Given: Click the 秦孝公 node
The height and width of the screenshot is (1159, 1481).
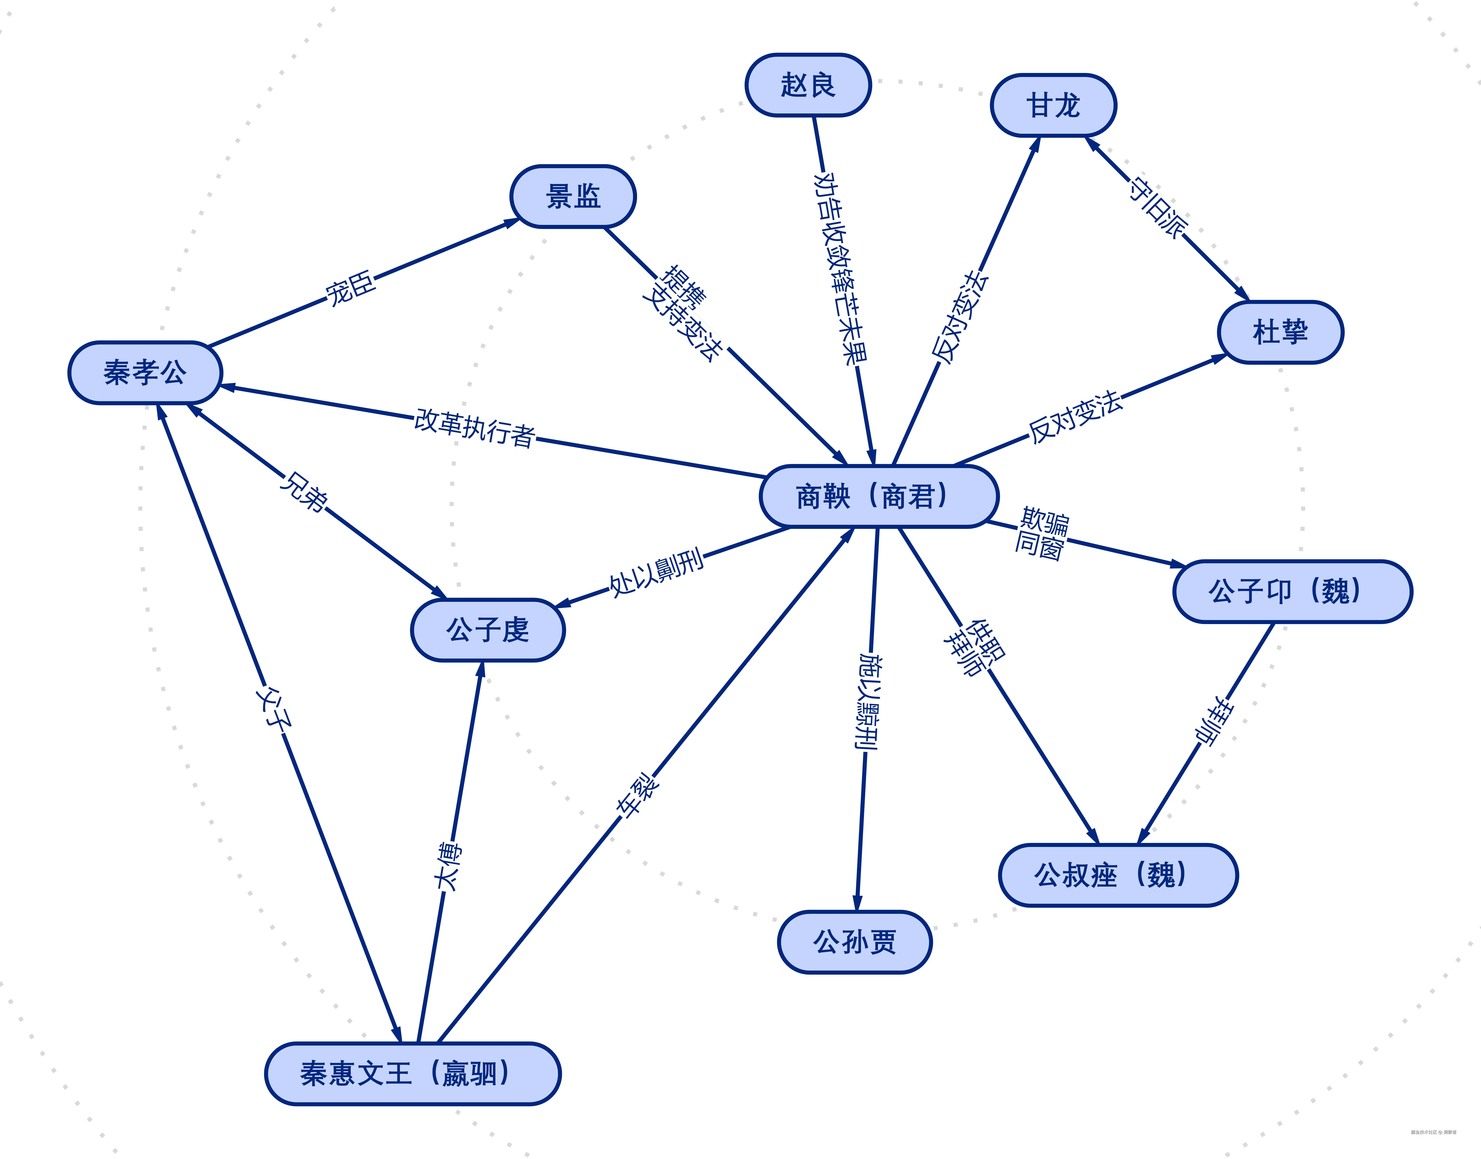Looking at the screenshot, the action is [x=145, y=372].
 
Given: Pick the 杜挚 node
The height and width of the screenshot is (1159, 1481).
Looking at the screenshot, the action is [x=1280, y=333].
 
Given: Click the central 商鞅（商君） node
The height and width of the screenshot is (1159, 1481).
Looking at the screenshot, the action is [x=878, y=496].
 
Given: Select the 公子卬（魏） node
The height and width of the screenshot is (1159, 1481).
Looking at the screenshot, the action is [x=1292, y=591].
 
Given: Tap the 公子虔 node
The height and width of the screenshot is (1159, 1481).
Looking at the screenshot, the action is [x=488, y=630].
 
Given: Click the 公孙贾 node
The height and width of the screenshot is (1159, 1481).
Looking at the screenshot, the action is [x=854, y=942].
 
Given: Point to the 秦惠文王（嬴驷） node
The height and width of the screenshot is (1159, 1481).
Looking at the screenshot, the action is [x=412, y=1073].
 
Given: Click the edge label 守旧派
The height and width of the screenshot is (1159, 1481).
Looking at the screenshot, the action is [x=1158, y=208].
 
